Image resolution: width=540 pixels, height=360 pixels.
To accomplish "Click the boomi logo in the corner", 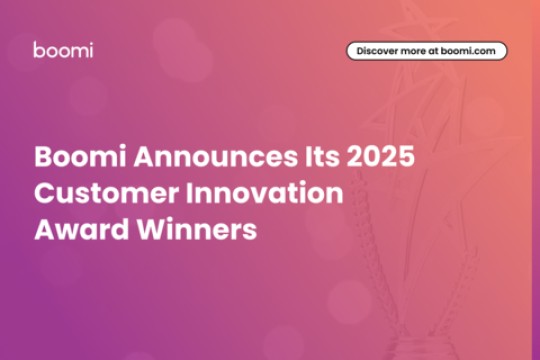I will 63,50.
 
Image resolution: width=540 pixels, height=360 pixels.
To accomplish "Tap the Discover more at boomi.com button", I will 427,50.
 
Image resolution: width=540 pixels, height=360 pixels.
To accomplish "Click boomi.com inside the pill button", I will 470,50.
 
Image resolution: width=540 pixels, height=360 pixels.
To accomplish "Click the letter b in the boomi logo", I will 38,49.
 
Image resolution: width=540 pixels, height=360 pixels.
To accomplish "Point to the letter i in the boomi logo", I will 91,49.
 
